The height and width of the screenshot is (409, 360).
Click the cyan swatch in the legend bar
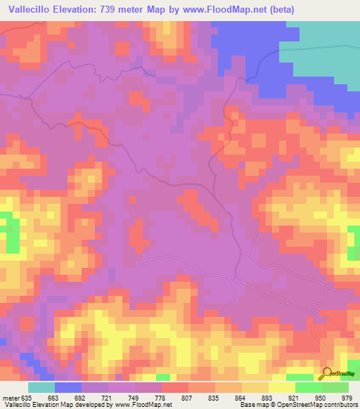[x=41, y=387]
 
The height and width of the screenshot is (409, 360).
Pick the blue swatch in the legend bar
[x=68, y=387]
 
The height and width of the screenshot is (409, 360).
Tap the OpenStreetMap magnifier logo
[x=326, y=373]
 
